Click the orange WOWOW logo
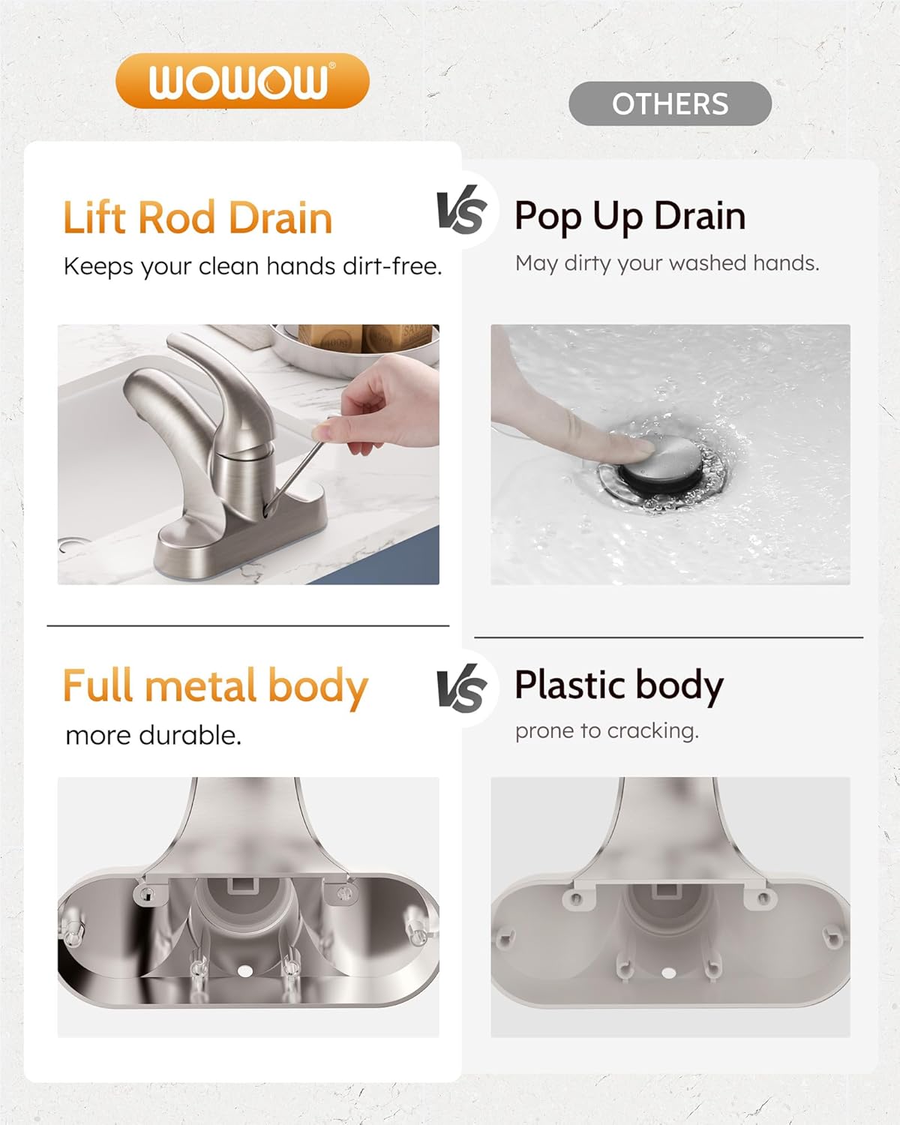tap(243, 81)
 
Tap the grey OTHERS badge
tap(670, 103)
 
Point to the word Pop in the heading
tap(547, 217)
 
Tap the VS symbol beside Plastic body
tap(460, 688)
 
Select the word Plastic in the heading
tap(571, 685)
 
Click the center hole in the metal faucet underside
tap(244, 970)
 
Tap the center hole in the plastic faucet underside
tap(668, 973)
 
